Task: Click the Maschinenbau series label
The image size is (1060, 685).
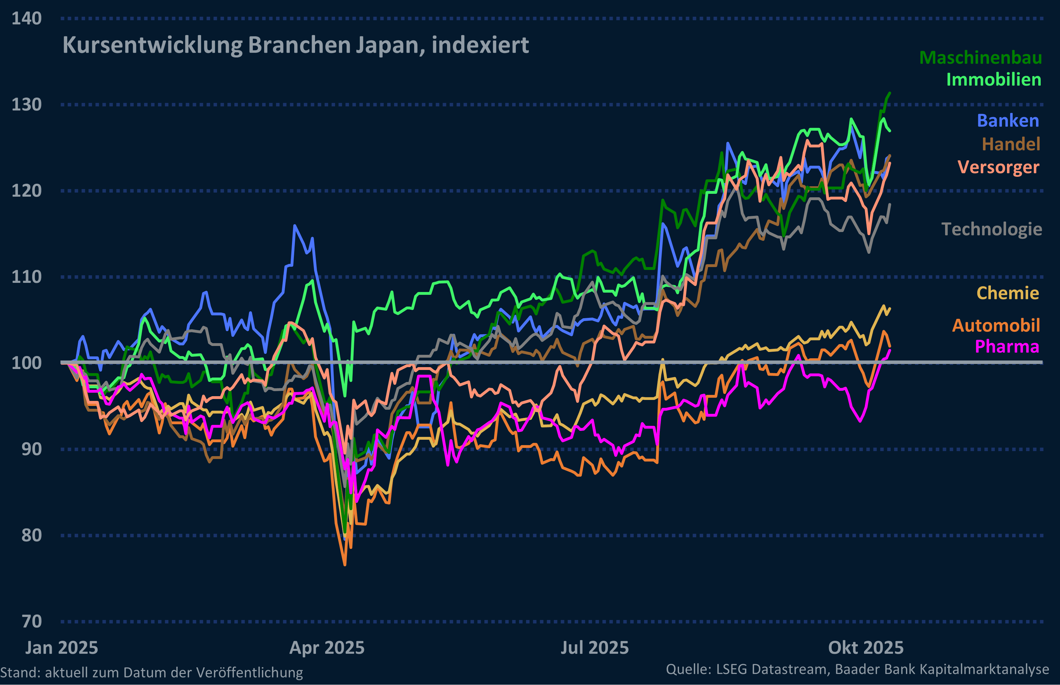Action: tap(980, 58)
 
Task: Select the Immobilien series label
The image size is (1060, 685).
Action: tap(993, 80)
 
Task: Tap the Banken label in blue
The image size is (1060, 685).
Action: tap(1008, 121)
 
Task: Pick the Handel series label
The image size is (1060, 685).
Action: tap(1011, 144)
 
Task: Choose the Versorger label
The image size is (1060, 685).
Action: tap(998, 167)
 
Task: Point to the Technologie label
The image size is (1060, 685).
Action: tap(992, 229)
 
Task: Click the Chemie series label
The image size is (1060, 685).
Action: tap(1008, 293)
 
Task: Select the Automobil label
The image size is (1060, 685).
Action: tap(996, 325)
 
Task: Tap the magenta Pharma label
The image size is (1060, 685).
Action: tap(1007, 347)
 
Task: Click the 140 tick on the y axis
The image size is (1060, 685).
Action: tap(27, 19)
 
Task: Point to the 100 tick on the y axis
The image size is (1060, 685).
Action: tap(27, 363)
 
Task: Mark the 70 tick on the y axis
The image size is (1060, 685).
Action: tap(32, 621)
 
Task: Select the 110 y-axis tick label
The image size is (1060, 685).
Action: tap(27, 277)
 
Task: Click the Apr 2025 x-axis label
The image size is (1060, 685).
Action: tap(327, 648)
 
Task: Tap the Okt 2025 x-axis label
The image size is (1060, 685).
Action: tap(866, 648)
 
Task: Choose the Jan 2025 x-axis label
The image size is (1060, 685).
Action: tap(61, 648)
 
